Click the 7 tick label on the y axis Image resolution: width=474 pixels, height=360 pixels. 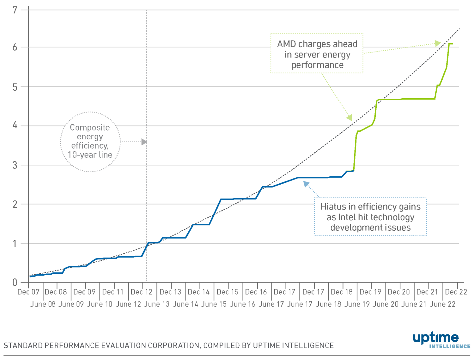tap(15, 10)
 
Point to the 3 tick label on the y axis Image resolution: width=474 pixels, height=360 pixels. tap(15, 165)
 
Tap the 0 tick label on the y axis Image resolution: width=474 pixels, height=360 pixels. tap(15, 283)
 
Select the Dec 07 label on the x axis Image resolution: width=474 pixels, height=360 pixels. tap(28, 292)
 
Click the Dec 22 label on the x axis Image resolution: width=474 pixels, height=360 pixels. tap(456, 292)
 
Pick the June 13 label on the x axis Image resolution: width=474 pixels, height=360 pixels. tap(157, 304)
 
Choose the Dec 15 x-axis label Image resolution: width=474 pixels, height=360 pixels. tap(227, 292)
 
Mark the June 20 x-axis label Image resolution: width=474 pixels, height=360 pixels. tap(386, 304)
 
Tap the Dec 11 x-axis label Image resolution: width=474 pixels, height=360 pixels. tap(113, 292)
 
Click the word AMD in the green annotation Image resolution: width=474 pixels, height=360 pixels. tap(287, 44)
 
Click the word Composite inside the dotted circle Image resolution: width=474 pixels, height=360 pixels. tap(90, 128)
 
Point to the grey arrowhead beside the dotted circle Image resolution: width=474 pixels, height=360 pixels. tap(144, 142)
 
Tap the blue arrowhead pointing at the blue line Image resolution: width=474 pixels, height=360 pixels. tap(306, 184)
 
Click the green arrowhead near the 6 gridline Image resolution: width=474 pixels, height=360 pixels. tap(438, 43)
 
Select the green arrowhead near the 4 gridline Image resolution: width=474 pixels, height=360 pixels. tap(349, 118)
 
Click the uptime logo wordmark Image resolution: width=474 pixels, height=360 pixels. tap(436, 338)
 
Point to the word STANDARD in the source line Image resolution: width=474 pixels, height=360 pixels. tap(23, 346)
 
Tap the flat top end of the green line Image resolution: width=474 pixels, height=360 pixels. tap(451, 44)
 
